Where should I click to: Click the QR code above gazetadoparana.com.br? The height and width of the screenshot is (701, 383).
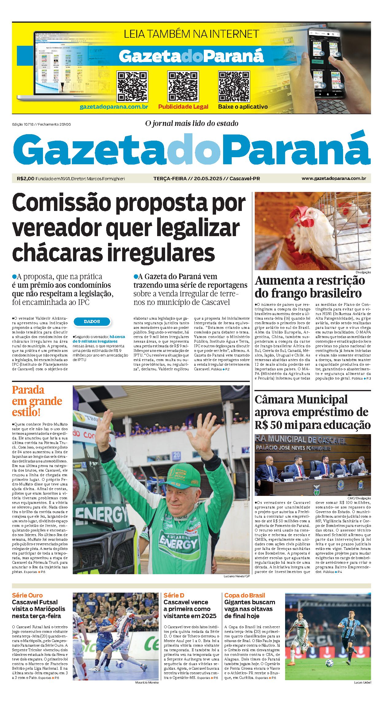pyautogui.click(x=132, y=87)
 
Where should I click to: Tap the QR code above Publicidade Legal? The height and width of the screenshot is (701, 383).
pyautogui.click(x=183, y=87)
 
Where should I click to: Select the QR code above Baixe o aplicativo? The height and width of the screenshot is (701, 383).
pyautogui.click(x=234, y=87)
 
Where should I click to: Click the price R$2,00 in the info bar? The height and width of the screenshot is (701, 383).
pyautogui.click(x=25, y=178)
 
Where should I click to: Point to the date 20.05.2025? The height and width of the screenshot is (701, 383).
pyautogui.click(x=208, y=178)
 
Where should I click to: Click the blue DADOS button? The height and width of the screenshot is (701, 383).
pyautogui.click(x=92, y=321)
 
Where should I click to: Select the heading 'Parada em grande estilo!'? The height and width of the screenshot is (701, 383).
pyautogui.click(x=37, y=401)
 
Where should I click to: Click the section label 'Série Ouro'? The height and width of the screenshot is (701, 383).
pyautogui.click(x=27, y=595)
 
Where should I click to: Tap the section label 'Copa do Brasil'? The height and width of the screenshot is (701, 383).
pyautogui.click(x=245, y=595)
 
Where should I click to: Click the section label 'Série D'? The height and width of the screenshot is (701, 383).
pyautogui.click(x=174, y=595)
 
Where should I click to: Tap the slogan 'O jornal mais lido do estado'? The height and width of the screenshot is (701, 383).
pyautogui.click(x=192, y=123)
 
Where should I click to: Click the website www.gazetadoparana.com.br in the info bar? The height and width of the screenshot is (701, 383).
pyautogui.click(x=334, y=178)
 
